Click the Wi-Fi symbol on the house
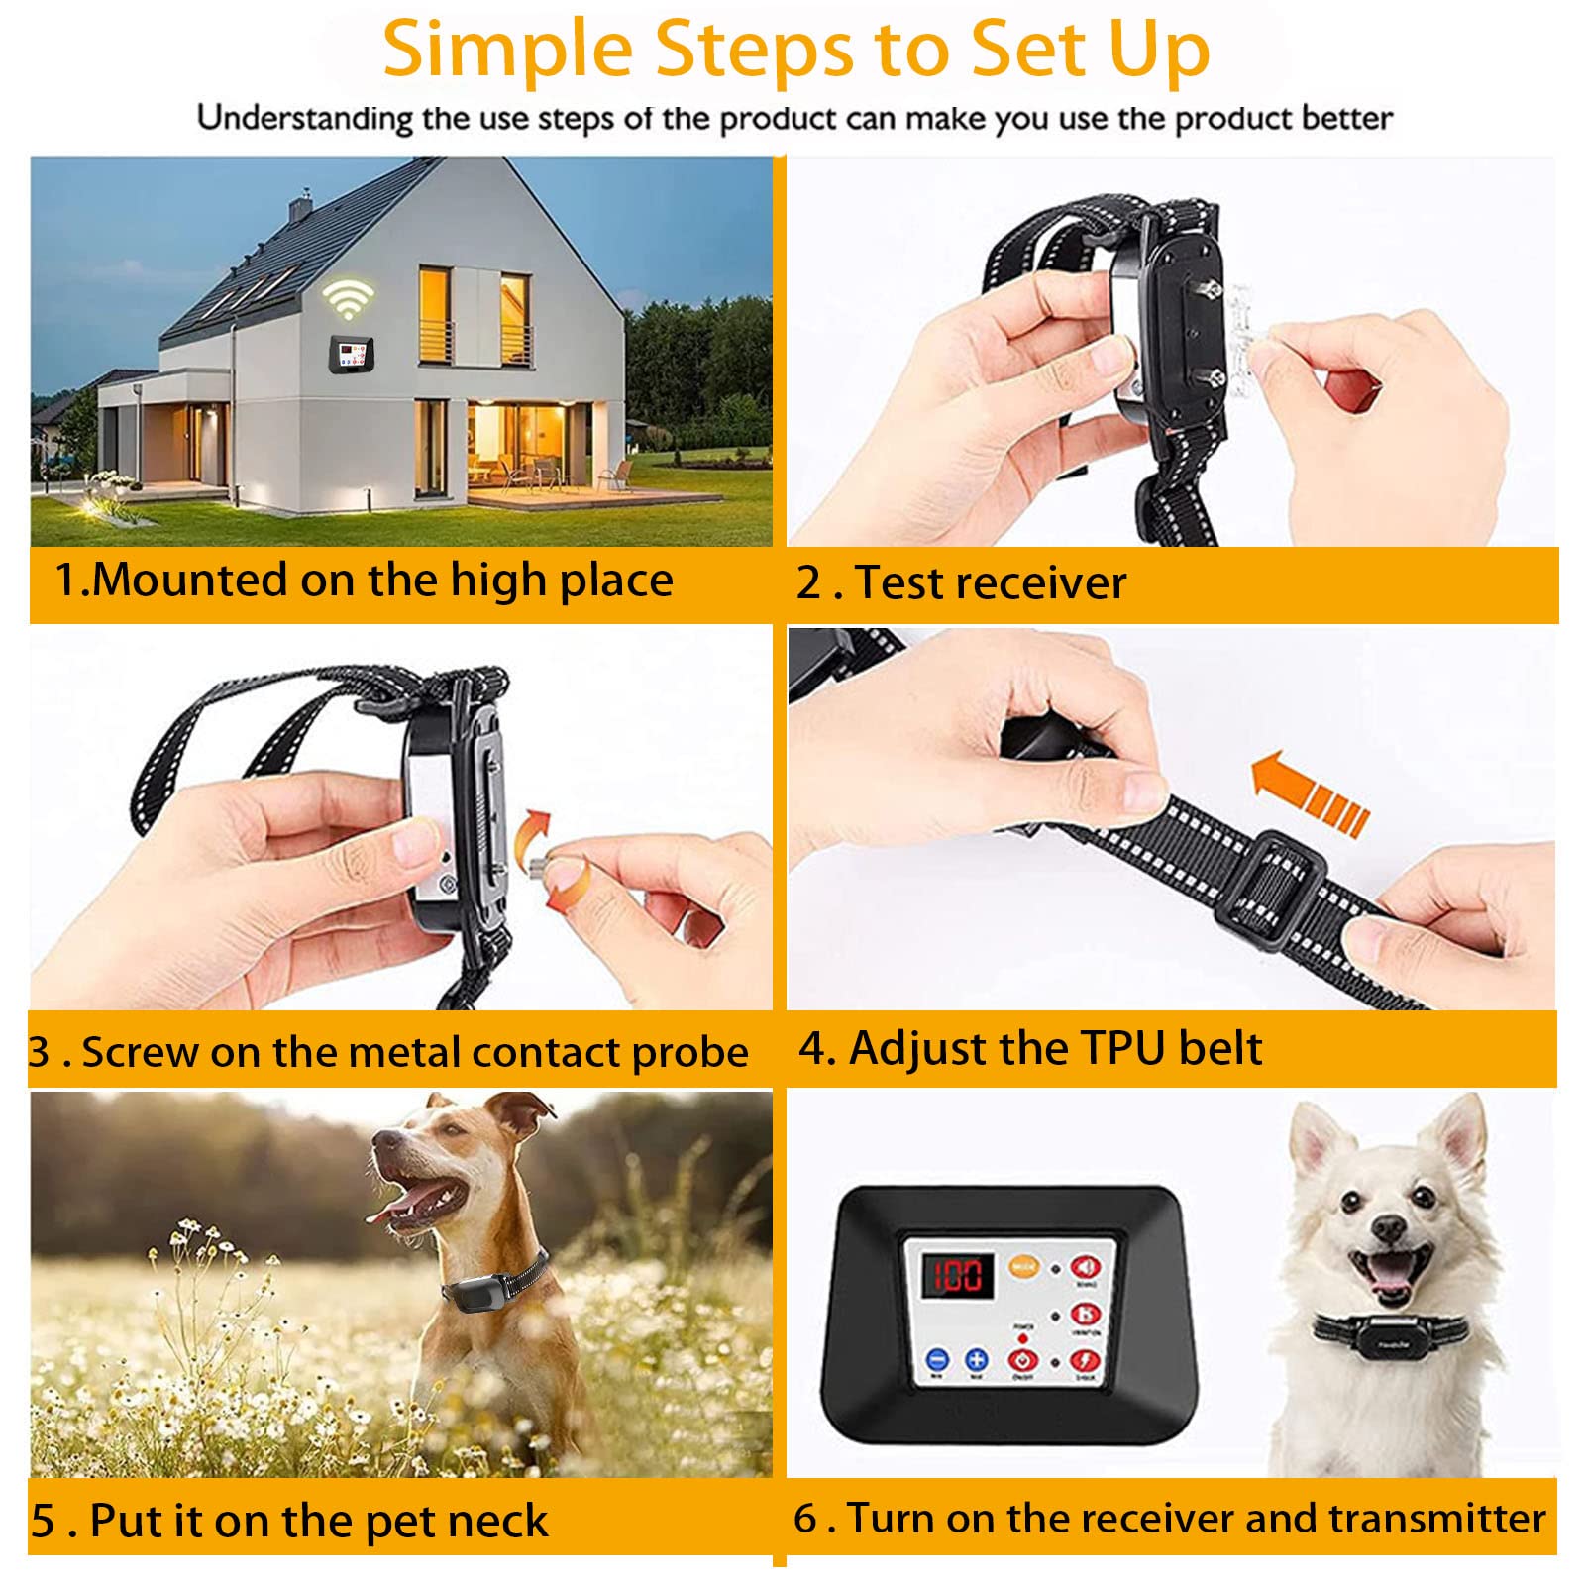(347, 297)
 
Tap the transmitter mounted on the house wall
(352, 353)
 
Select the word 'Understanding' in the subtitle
(305, 118)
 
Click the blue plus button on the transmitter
(977, 1360)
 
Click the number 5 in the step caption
(43, 1521)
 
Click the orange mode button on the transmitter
(1023, 1265)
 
